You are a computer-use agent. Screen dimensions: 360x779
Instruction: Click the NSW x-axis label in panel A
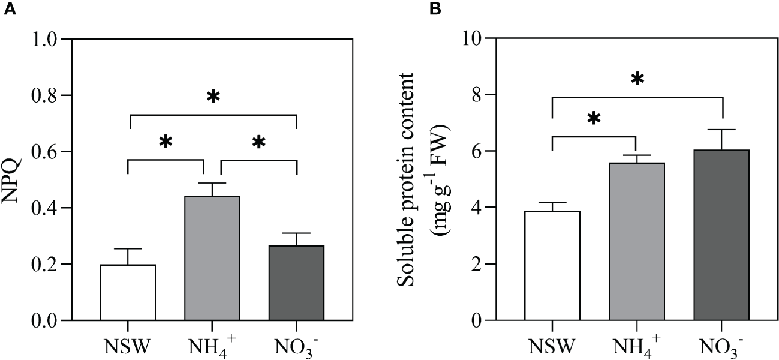(x=128, y=346)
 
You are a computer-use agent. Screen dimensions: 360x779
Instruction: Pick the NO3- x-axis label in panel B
(x=722, y=346)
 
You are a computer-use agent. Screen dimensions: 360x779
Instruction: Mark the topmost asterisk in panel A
(x=212, y=97)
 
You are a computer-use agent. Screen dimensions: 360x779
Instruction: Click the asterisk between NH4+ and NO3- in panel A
(x=258, y=143)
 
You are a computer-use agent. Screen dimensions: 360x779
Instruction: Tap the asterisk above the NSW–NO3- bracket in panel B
(x=637, y=79)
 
